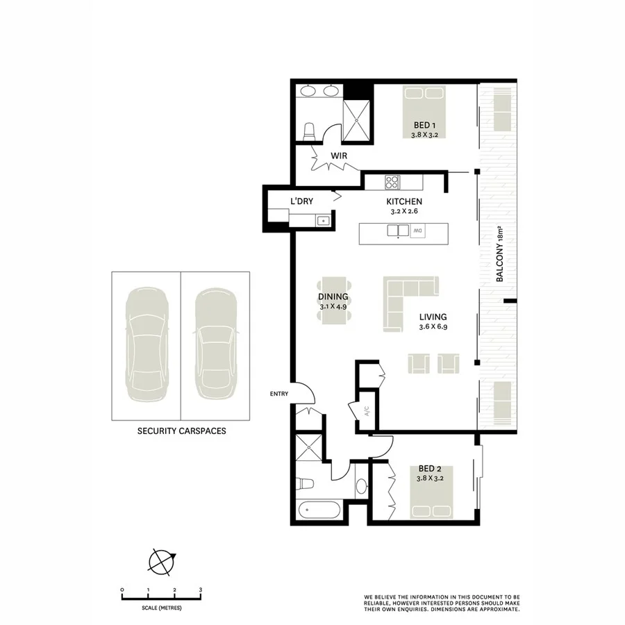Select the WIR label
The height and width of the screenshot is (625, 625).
pyautogui.click(x=338, y=156)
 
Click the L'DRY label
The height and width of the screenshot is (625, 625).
pyautogui.click(x=301, y=201)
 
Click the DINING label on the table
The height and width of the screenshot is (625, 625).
pyautogui.click(x=333, y=297)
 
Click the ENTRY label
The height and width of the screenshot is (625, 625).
pyautogui.click(x=279, y=394)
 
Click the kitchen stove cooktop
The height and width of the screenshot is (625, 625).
pyautogui.click(x=392, y=182)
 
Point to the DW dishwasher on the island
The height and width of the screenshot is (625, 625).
pyautogui.click(x=418, y=231)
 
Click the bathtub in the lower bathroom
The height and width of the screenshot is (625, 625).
pyautogui.click(x=319, y=512)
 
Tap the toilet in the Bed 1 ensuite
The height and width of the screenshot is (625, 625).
pyautogui.click(x=309, y=131)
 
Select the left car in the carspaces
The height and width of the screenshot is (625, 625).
pyautogui.click(x=147, y=345)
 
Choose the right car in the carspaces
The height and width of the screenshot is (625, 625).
pyautogui.click(x=215, y=345)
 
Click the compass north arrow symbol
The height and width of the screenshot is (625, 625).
pyautogui.click(x=162, y=560)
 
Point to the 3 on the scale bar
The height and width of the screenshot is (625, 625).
pyautogui.click(x=201, y=590)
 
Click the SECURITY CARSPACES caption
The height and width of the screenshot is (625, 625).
pyautogui.click(x=181, y=431)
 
